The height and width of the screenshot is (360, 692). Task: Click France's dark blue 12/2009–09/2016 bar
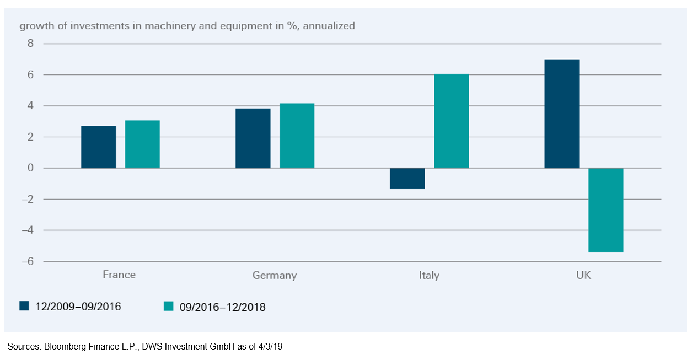(x=99, y=147)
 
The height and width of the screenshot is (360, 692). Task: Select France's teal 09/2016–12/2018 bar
(x=142, y=144)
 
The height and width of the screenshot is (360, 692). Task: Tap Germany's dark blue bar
(x=253, y=138)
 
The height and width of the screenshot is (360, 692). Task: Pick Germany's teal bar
(x=297, y=136)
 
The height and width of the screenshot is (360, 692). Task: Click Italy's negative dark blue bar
(x=407, y=179)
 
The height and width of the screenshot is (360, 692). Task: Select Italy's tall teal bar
(x=451, y=121)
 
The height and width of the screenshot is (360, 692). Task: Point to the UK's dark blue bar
(x=561, y=114)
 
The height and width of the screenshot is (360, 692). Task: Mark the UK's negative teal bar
(x=605, y=210)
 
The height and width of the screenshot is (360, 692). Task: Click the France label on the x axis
(x=119, y=275)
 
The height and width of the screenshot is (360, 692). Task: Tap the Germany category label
(x=275, y=275)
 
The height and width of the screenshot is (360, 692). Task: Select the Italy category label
(x=429, y=275)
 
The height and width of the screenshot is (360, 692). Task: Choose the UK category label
(x=583, y=275)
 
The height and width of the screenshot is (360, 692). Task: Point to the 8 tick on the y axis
(x=31, y=44)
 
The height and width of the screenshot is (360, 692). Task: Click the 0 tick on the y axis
(x=31, y=168)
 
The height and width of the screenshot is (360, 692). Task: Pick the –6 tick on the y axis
(x=27, y=261)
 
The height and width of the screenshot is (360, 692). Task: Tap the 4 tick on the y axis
(x=31, y=106)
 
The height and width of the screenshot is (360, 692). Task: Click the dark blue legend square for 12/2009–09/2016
(x=24, y=306)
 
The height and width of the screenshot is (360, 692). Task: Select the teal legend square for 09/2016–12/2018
(x=169, y=307)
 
